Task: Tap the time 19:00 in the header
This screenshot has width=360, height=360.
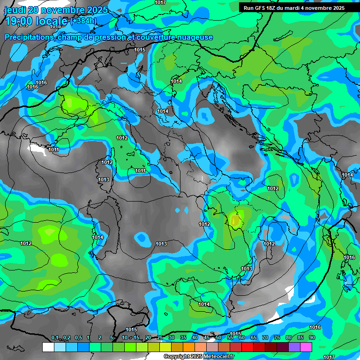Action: coord(21,21)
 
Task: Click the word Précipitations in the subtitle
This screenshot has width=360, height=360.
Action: coord(28,37)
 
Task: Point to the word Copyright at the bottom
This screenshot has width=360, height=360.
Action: coord(177,357)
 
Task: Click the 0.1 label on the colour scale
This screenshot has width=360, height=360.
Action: coord(55,338)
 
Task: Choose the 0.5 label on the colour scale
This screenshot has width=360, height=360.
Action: coord(78,338)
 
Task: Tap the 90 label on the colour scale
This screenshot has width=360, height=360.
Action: coord(312,338)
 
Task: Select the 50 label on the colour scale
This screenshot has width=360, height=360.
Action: coord(218,338)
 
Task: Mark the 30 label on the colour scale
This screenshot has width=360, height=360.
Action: coord(172,338)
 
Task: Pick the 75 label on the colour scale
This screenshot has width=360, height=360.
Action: coord(277,338)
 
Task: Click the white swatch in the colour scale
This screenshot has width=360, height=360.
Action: coord(48,347)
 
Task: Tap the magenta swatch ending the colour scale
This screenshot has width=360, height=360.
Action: coord(306,347)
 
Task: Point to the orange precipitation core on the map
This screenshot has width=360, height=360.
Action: coord(235,219)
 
